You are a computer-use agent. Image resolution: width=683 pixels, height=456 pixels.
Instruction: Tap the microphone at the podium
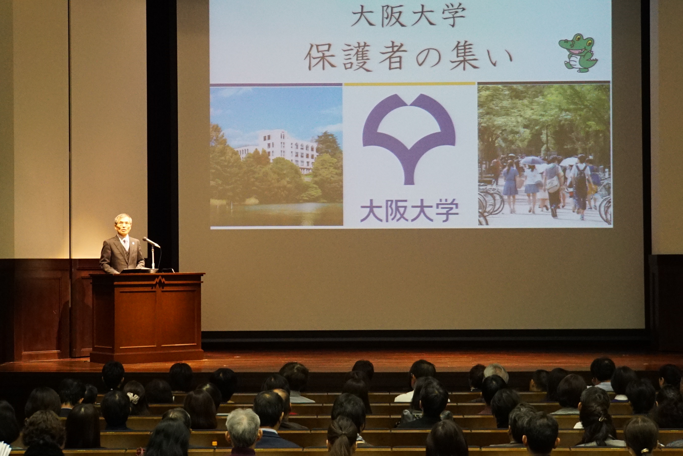[x=151, y=242]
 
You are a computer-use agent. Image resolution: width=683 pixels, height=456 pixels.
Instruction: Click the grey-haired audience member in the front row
[x=243, y=427]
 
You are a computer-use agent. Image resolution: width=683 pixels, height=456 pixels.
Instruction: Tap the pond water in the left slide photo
[x=276, y=214]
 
